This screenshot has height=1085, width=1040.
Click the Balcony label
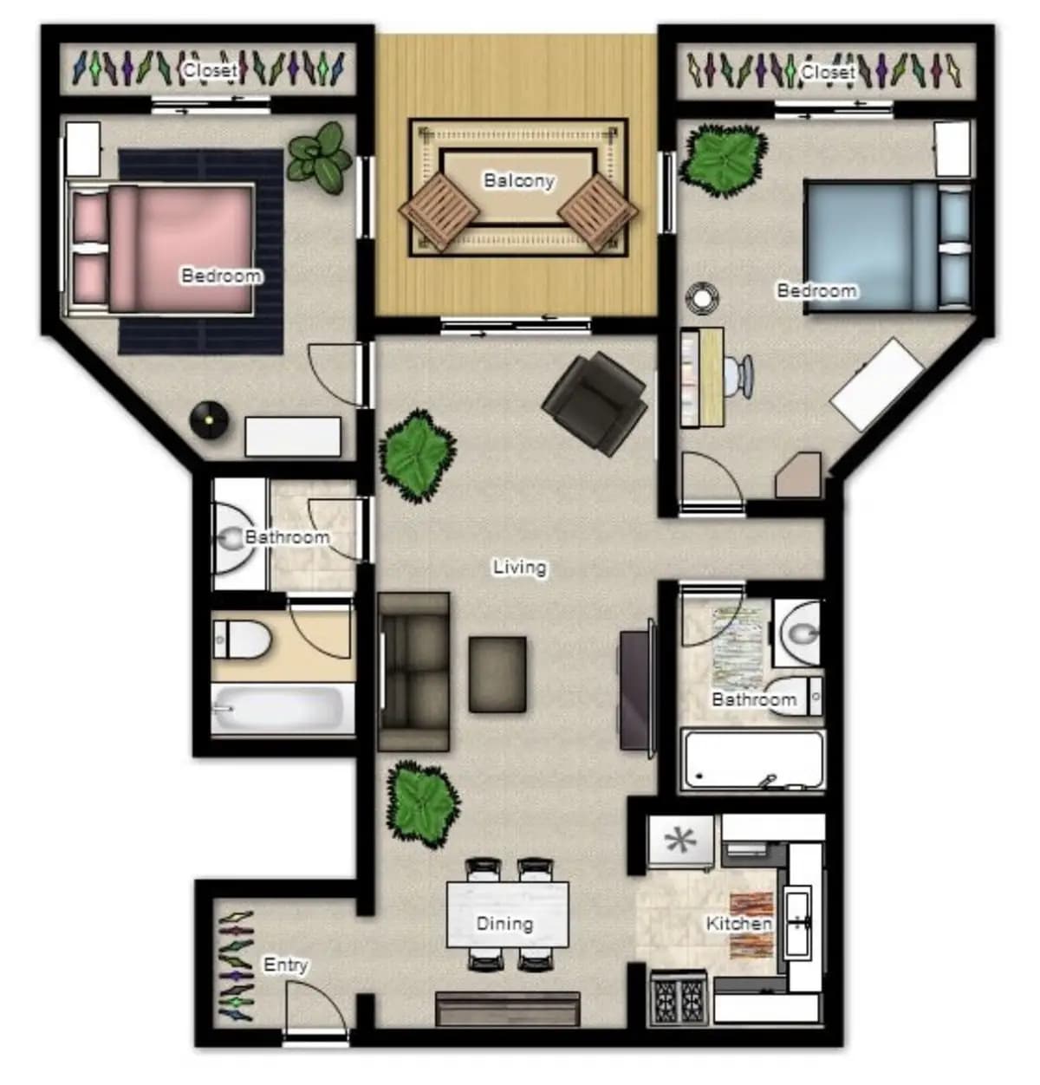point(518,180)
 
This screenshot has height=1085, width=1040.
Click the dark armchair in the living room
point(595,403)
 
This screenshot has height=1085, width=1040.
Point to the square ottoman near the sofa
point(497,674)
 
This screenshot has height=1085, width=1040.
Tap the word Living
point(519,568)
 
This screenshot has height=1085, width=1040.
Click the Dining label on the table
point(504,923)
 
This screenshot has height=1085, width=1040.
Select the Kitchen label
point(739,923)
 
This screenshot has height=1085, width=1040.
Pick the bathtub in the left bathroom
point(283,708)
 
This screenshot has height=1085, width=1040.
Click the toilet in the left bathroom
point(242,640)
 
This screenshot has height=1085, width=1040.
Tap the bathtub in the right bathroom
point(753,761)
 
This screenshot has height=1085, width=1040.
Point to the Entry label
point(285,965)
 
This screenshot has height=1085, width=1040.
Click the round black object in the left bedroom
point(209,419)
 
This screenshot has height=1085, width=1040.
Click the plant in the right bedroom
point(724,159)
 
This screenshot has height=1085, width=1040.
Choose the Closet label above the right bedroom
point(827,72)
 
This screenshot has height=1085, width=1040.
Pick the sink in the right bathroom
point(798,633)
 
